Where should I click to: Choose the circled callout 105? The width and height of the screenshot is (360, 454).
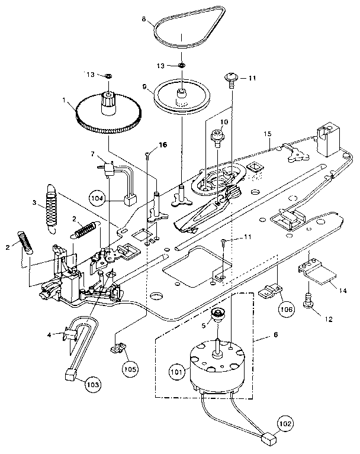pos(130,368)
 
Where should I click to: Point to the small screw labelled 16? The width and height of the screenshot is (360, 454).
pos(146,156)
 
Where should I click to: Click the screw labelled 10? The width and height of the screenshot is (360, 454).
pos(215,138)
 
